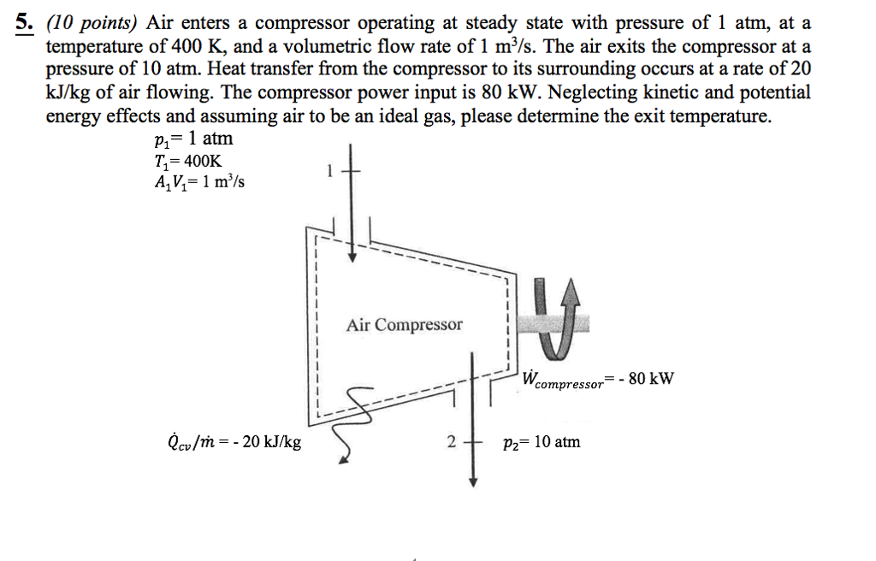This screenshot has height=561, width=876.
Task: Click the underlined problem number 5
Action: [23, 23]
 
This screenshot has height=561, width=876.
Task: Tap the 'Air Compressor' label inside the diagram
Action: [404, 325]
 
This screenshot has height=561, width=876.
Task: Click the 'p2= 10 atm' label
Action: [542, 442]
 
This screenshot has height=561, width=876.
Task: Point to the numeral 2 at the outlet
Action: [451, 442]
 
